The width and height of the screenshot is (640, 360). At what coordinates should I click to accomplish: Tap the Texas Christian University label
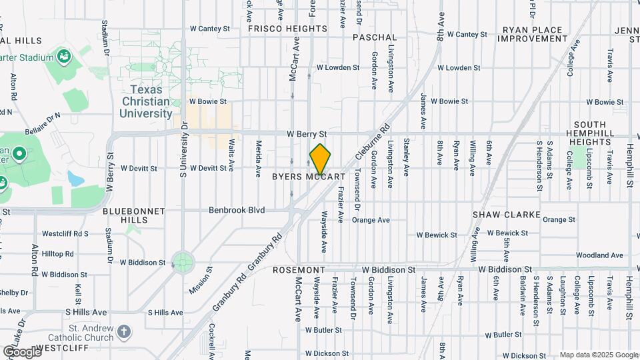[x=146, y=101]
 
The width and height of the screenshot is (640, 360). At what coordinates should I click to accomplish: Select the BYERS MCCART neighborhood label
[x=309, y=177]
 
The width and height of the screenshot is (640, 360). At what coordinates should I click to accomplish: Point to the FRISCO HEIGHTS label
[x=287, y=29]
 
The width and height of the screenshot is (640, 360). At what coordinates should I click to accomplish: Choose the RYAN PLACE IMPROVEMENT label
[x=535, y=34]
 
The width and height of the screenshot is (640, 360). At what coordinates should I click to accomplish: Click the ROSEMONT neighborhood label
[x=298, y=270]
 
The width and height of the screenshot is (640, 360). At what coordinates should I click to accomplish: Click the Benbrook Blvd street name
[x=237, y=210]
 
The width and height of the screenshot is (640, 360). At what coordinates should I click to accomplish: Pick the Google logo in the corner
[x=22, y=351]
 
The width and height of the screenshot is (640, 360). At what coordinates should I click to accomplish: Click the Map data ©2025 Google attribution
[x=598, y=355]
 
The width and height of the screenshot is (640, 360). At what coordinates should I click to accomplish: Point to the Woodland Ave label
[x=599, y=255]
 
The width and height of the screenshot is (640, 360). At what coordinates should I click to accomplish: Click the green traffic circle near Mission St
[x=182, y=260]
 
